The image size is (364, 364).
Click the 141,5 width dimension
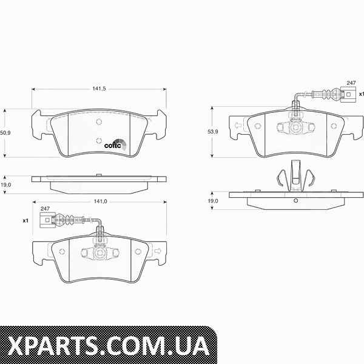click(x=99, y=89)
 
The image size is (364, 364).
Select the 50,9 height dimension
click(x=5, y=133)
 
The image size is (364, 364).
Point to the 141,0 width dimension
click(x=100, y=201)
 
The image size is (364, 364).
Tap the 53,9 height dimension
click(x=213, y=132)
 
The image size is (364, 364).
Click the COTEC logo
click(x=115, y=144)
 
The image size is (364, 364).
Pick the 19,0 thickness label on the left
click(x=5, y=185)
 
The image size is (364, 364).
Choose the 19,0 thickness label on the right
click(x=213, y=201)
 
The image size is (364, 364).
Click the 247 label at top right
click(x=351, y=83)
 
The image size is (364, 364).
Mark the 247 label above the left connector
click(x=45, y=209)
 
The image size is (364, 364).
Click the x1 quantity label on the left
click(x=25, y=221)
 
